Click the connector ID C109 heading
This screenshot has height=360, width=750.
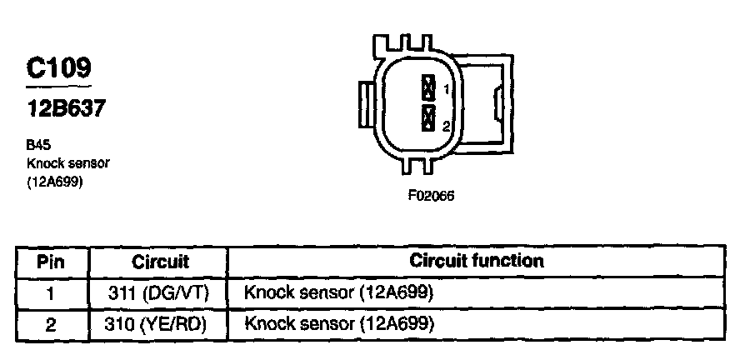(58, 67)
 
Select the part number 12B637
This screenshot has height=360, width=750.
(65, 107)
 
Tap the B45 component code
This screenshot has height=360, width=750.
(39, 143)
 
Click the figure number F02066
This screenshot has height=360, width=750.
(430, 197)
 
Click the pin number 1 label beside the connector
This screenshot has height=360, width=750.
(447, 89)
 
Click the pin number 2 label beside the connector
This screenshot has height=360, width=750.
(447, 127)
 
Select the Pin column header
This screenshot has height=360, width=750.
(51, 262)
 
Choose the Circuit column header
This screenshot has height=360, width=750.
(161, 262)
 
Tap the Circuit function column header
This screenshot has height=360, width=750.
(477, 261)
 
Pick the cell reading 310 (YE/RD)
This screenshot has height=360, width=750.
(158, 323)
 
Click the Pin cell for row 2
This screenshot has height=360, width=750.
(51, 323)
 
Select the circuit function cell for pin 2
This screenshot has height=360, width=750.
(339, 323)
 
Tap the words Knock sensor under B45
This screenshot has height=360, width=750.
(68, 162)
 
